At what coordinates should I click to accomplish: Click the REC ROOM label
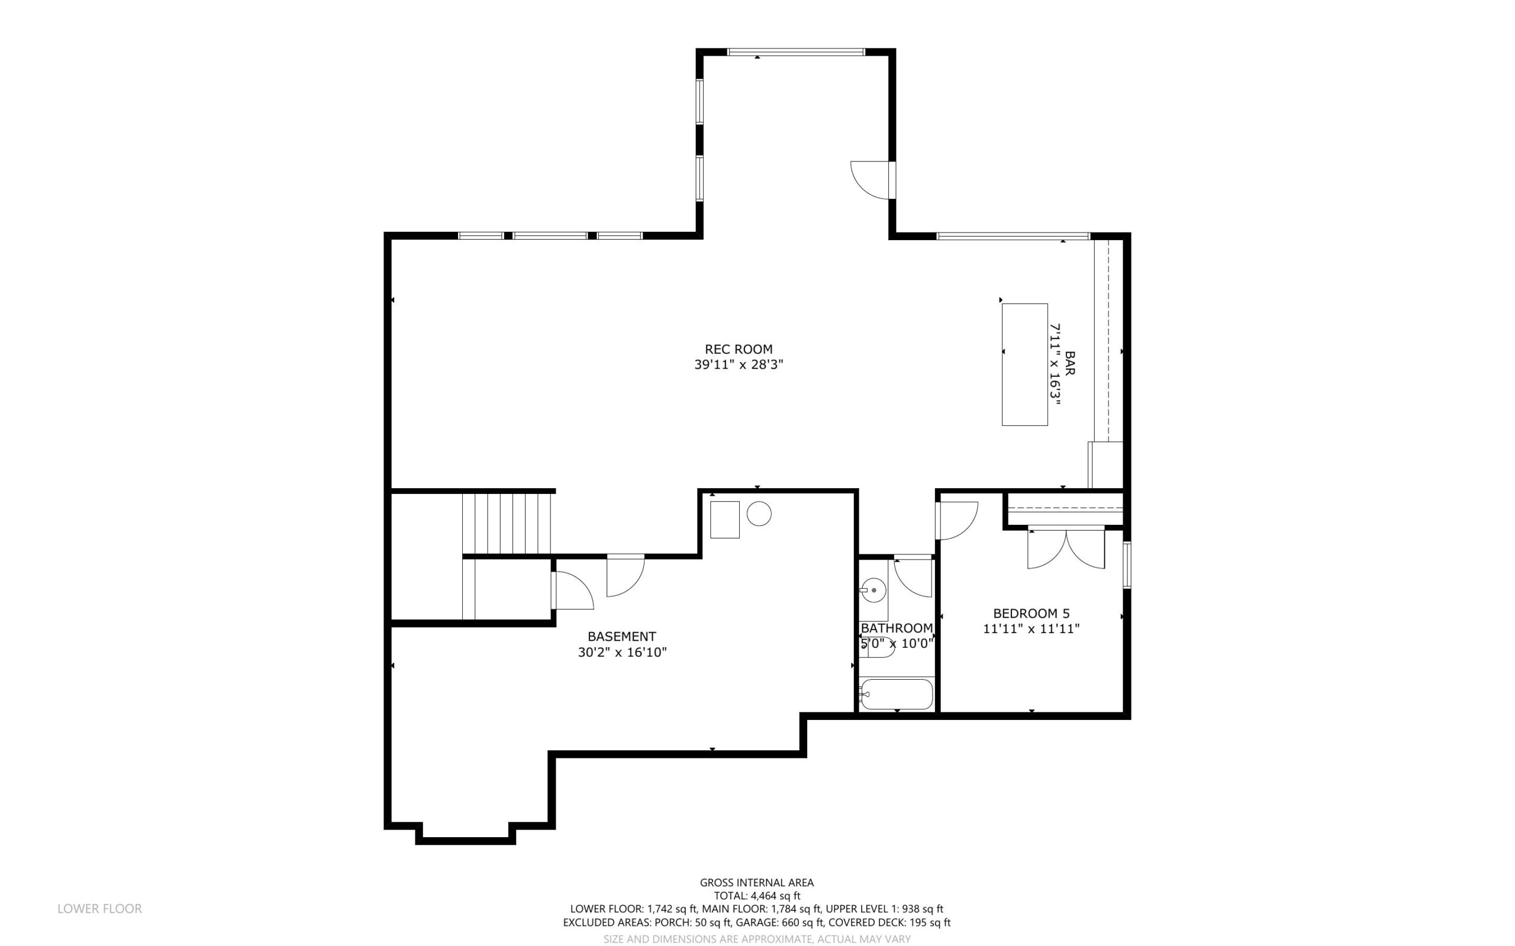(x=739, y=349)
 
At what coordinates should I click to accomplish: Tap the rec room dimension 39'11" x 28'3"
(x=739, y=365)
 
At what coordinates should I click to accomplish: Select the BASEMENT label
(x=621, y=637)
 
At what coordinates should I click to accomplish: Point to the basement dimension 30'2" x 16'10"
(x=622, y=653)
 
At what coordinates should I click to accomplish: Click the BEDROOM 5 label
(x=1032, y=613)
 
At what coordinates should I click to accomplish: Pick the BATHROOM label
(x=897, y=628)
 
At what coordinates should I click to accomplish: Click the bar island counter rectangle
(x=1024, y=365)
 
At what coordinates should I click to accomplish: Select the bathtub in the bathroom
(x=897, y=694)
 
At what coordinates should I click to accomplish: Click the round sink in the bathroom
(x=873, y=589)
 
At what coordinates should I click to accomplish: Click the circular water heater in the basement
(x=759, y=514)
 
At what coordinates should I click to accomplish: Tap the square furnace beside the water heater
(x=724, y=519)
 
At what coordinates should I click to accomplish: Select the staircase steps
(x=508, y=524)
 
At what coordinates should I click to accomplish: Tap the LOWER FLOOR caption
(x=99, y=909)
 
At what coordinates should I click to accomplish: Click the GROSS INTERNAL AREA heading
(x=756, y=883)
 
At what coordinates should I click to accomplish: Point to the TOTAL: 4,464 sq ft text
(x=756, y=896)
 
